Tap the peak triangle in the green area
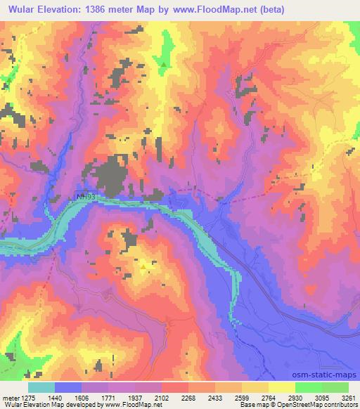[x=164, y=65]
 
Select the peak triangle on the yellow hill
[x=143, y=266]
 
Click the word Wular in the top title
[x=20, y=8]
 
